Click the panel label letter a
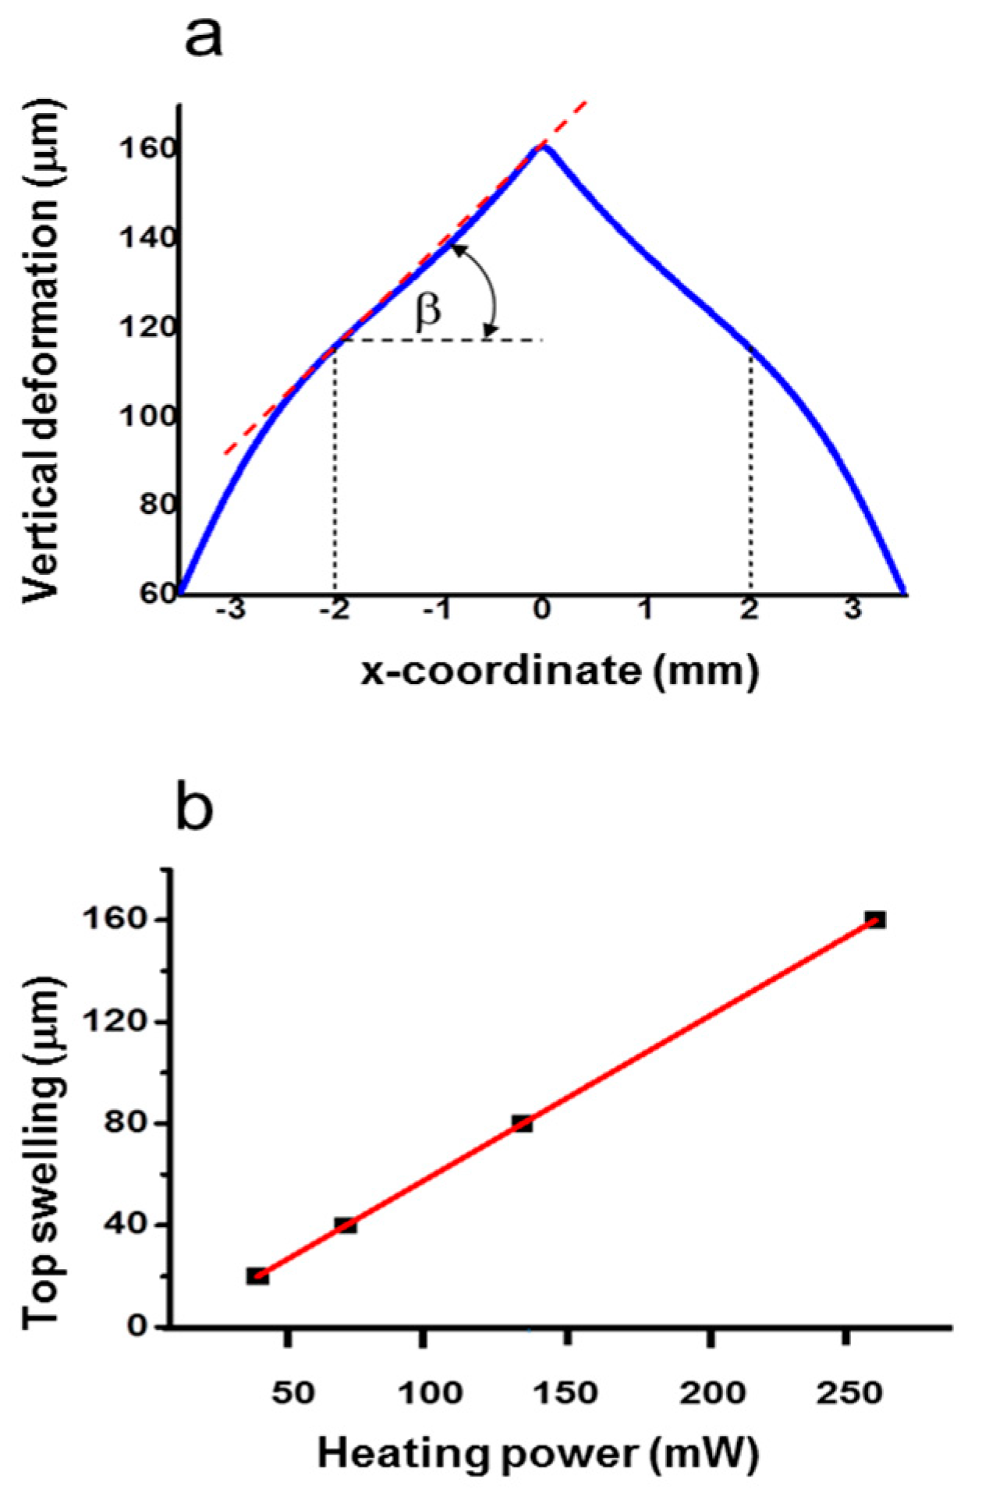[x=203, y=37]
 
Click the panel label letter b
[x=194, y=809]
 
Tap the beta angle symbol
[x=428, y=311]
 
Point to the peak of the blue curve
[x=543, y=146]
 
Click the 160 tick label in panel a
[x=147, y=148]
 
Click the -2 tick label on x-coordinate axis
[x=335, y=609]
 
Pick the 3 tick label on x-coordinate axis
[x=853, y=609]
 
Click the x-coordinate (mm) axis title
[x=559, y=671]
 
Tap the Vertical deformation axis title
[x=42, y=351]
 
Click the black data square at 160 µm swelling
[x=875, y=920]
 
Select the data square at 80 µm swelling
[x=523, y=1123]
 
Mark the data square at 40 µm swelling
[x=346, y=1225]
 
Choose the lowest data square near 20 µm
[x=258, y=1276]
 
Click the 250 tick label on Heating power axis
[x=849, y=1392]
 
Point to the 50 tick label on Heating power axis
[x=292, y=1392]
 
